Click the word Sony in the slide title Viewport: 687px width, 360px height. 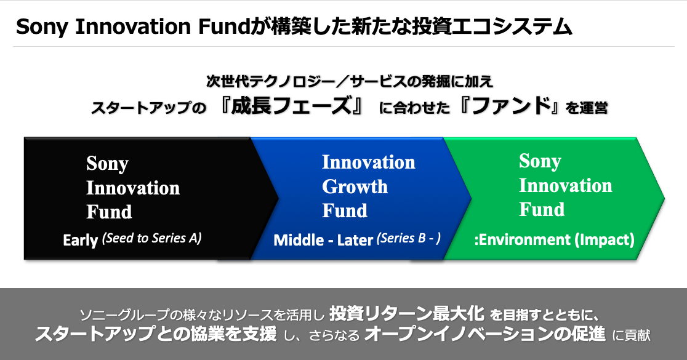pyautogui.click(x=42, y=27)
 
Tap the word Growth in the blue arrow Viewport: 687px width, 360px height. pyautogui.click(x=355, y=187)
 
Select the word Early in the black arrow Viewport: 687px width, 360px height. pyautogui.click(x=80, y=240)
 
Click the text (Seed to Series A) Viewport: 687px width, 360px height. pyautogui.click(x=151, y=238)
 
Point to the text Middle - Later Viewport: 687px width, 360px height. pyautogui.click(x=323, y=240)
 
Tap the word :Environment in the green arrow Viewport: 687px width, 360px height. pyautogui.click(x=522, y=239)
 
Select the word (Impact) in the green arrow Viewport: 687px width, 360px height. pyautogui.click(x=604, y=239)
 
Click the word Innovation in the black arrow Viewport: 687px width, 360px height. pyautogui.click(x=133, y=188)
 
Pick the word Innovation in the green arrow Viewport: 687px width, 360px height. pyautogui.click(x=566, y=186)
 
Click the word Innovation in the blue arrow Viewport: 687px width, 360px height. pyautogui.click(x=369, y=162)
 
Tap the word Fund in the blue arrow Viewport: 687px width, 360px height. pyautogui.click(x=345, y=210)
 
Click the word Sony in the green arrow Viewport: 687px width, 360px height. pyautogui.click(x=540, y=162)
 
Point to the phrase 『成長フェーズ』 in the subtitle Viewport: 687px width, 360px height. pyautogui.click(x=292, y=106)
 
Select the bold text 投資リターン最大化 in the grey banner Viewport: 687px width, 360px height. pyautogui.click(x=407, y=313)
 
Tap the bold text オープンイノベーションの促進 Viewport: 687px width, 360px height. pyautogui.click(x=485, y=334)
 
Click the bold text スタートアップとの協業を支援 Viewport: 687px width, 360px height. pyautogui.click(x=156, y=334)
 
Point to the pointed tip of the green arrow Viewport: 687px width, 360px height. pyautogui.click(x=664, y=199)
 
